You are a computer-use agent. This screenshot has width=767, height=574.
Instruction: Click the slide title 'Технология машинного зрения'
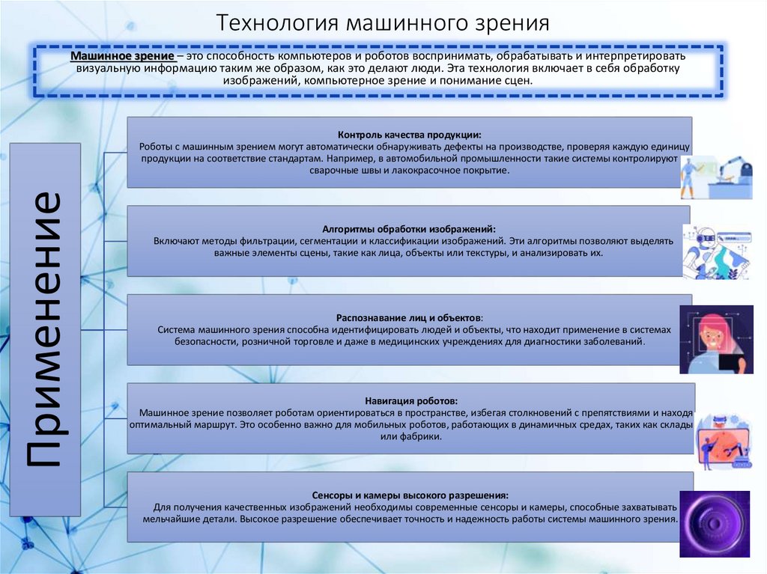[x=383, y=22]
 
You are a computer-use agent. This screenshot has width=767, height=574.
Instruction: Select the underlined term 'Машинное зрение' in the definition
[x=123, y=57]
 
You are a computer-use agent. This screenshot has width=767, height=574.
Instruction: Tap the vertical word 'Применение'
[x=46, y=329]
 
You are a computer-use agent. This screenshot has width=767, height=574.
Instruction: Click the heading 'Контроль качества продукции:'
[x=409, y=135]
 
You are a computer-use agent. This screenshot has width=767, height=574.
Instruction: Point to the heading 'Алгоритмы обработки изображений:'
[x=409, y=229]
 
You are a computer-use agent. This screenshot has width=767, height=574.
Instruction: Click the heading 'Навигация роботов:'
[x=411, y=401]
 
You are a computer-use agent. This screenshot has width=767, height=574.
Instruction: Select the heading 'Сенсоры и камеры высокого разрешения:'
[x=410, y=495]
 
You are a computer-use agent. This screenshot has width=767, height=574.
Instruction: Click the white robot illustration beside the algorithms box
[x=715, y=251]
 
